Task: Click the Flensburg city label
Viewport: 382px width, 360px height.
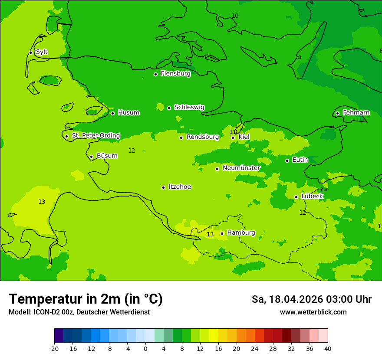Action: tap(175, 74)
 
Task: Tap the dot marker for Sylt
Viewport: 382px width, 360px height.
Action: tap(30, 52)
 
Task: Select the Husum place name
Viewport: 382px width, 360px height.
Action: tap(128, 113)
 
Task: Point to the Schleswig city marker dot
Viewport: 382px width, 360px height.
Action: tap(169, 108)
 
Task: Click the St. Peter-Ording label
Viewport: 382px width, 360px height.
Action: tap(95, 136)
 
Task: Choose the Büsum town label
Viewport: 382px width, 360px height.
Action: tap(107, 156)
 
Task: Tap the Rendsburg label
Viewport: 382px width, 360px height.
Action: tap(203, 137)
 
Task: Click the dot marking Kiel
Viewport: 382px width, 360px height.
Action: tap(233, 137)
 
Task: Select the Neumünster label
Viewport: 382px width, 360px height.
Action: tap(241, 168)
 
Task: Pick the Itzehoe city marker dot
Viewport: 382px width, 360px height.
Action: tap(163, 187)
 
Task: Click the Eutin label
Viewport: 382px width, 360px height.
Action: tap(300, 160)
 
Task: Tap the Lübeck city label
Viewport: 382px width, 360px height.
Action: tap(312, 196)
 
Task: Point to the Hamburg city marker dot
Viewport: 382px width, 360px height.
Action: tap(222, 233)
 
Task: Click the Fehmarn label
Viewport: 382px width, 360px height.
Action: tap(356, 113)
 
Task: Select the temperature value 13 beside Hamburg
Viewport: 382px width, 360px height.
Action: tap(210, 235)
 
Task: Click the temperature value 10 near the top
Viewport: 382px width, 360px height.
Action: tap(235, 16)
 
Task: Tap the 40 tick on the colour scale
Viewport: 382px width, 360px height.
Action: tap(327, 348)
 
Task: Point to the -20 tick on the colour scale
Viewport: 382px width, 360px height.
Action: tap(54, 348)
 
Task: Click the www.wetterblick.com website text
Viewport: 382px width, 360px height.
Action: tap(313, 312)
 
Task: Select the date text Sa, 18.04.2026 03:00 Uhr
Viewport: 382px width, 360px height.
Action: tap(311, 299)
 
